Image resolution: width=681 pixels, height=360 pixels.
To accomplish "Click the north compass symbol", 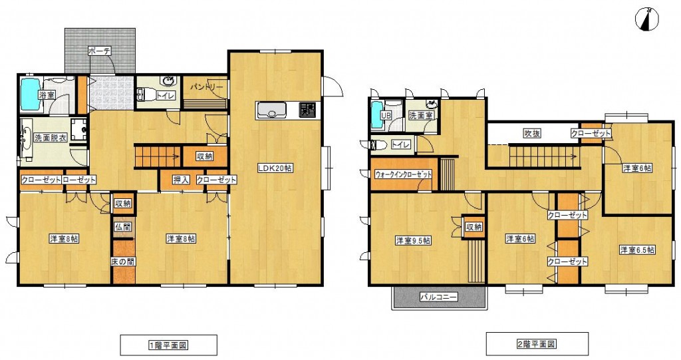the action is [646, 20].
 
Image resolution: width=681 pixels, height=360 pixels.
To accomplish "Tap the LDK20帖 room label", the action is [275, 168].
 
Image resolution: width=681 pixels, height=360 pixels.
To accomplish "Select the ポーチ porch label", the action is [100, 51].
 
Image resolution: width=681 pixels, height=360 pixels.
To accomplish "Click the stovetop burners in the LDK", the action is [309, 110].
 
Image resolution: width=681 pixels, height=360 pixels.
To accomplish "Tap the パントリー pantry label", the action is [207, 87].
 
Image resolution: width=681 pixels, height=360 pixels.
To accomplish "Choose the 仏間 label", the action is [122, 226].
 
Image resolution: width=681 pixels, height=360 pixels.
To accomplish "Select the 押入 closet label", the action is [181, 180].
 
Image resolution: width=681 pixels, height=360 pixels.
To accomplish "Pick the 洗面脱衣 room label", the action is [50, 138].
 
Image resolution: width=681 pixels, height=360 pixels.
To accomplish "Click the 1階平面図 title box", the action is [168, 345].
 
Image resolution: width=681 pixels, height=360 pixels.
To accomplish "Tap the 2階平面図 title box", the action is [537, 344].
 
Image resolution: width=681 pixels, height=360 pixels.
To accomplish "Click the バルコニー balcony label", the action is [439, 297].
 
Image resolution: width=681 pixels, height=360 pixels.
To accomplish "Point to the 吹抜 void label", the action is [532, 133].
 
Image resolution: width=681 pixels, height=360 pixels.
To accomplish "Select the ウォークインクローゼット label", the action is [404, 174].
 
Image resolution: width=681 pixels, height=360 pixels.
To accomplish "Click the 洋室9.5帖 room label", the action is [413, 240].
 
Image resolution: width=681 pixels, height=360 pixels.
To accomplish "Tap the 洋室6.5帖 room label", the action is [637, 250].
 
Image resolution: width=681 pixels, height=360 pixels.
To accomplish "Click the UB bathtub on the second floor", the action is [377, 114].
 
